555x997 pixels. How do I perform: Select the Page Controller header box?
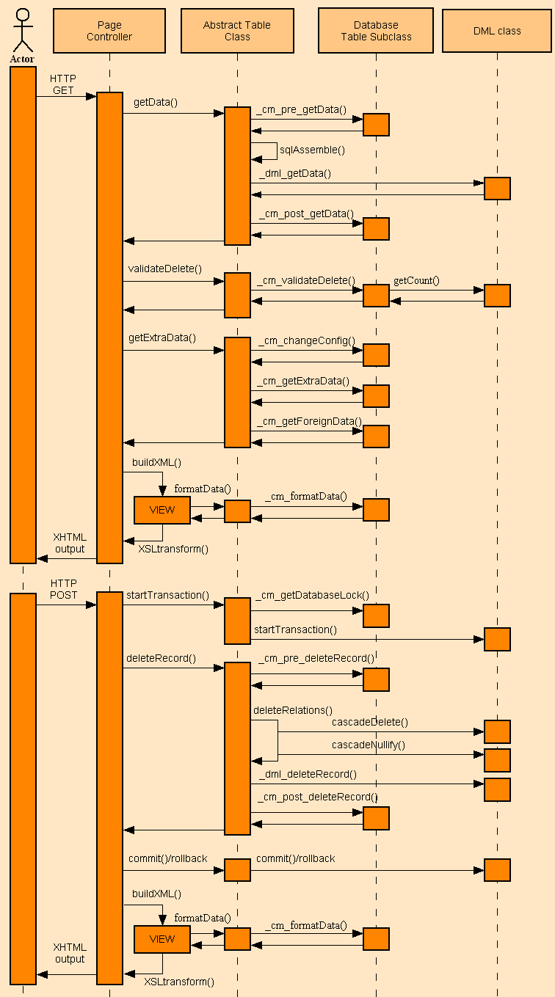coord(109,31)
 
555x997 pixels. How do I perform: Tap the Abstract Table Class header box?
coord(237,31)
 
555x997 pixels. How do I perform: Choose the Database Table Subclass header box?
coord(376,31)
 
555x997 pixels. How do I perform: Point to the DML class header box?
coord(497,31)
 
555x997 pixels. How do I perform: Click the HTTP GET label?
coord(63,84)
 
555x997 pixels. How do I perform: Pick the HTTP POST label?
coord(63,589)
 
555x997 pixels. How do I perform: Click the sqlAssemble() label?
coord(312,150)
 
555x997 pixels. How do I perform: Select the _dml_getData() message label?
coord(294,173)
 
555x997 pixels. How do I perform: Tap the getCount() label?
coord(416,280)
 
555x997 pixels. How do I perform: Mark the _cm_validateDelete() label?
coord(305,280)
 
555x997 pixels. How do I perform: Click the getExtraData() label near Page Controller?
coord(162,337)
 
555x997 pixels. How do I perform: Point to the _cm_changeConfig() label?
coord(306,341)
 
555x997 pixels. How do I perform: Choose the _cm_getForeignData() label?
coord(309,421)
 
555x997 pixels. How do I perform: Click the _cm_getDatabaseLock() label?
coord(312,595)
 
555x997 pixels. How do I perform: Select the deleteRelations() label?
coord(293,710)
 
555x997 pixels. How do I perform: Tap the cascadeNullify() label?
coord(369,745)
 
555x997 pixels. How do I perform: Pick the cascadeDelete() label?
coord(370,722)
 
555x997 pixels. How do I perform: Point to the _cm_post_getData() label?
coord(305,213)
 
